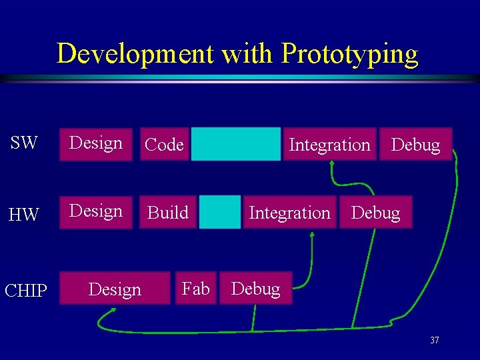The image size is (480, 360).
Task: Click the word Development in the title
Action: pyautogui.click(x=135, y=53)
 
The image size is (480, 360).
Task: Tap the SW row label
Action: pyautogui.click(x=24, y=143)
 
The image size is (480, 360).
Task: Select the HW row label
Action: pyautogui.click(x=24, y=215)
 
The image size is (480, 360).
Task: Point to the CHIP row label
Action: pyautogui.click(x=26, y=291)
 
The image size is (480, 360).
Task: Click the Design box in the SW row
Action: pyautogui.click(x=96, y=143)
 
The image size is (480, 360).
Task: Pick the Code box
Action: pyautogui.click(x=164, y=145)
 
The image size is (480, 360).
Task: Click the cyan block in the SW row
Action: pyautogui.click(x=236, y=144)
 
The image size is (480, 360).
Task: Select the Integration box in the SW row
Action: pyautogui.click(x=329, y=145)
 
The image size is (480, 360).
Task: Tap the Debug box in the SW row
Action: pyautogui.click(x=415, y=145)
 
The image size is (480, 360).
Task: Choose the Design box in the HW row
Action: pyautogui.click(x=96, y=211)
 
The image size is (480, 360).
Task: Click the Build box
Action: pyautogui.click(x=168, y=213)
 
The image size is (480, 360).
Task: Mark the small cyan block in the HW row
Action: pyautogui.click(x=219, y=213)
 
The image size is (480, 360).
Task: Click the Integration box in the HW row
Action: pyautogui.click(x=289, y=213)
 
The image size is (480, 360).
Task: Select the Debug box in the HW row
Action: pyautogui.click(x=375, y=213)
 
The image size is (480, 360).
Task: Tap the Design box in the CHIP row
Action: pyautogui.click(x=115, y=289)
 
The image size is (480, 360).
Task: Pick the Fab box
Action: pyautogui.click(x=195, y=289)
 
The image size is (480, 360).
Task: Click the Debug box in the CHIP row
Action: pyautogui.click(x=255, y=289)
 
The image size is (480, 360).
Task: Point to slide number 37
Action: pyautogui.click(x=434, y=341)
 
